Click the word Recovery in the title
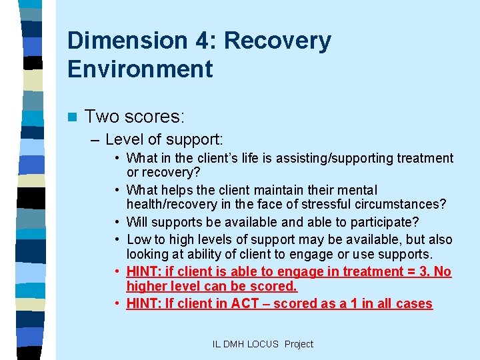pos(277,41)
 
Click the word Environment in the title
pos(140,69)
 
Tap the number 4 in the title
pos(198,41)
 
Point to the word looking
pos(147,254)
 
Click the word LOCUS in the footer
pos(264,344)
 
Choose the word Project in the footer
pos(298,344)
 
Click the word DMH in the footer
pos(234,344)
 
